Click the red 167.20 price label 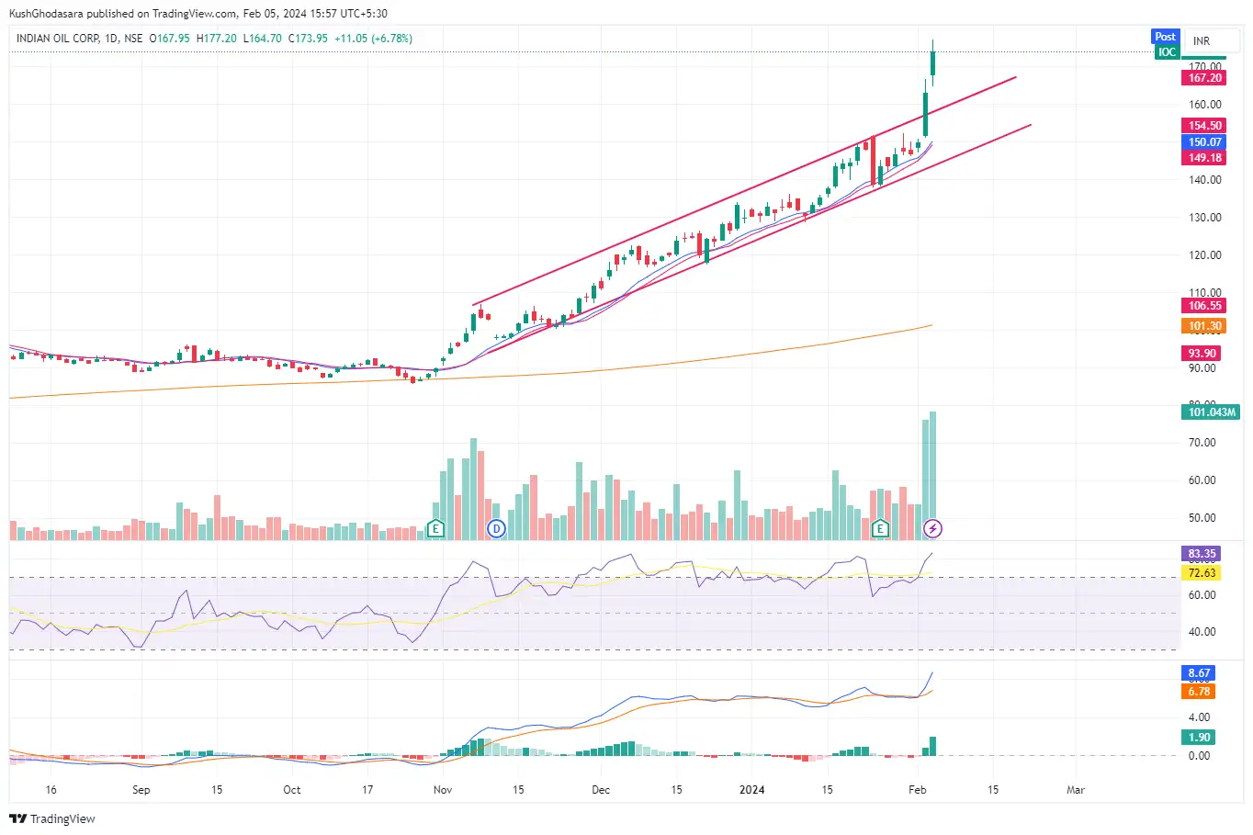[1204, 78]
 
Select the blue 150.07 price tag [1204, 142]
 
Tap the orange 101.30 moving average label [1204, 326]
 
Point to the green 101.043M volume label [1212, 412]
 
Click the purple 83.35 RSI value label [1202, 554]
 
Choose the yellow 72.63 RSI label [1202, 573]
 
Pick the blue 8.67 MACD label [1199, 673]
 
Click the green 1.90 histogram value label [1199, 738]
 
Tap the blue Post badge [1165, 37]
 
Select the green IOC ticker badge [1167, 52]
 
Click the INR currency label [1202, 41]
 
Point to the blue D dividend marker [496, 528]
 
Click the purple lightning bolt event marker [932, 528]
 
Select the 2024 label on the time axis [751, 790]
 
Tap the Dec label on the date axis [601, 790]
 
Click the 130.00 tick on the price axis [1204, 218]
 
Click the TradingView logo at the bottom [52, 818]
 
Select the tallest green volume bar [933, 476]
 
